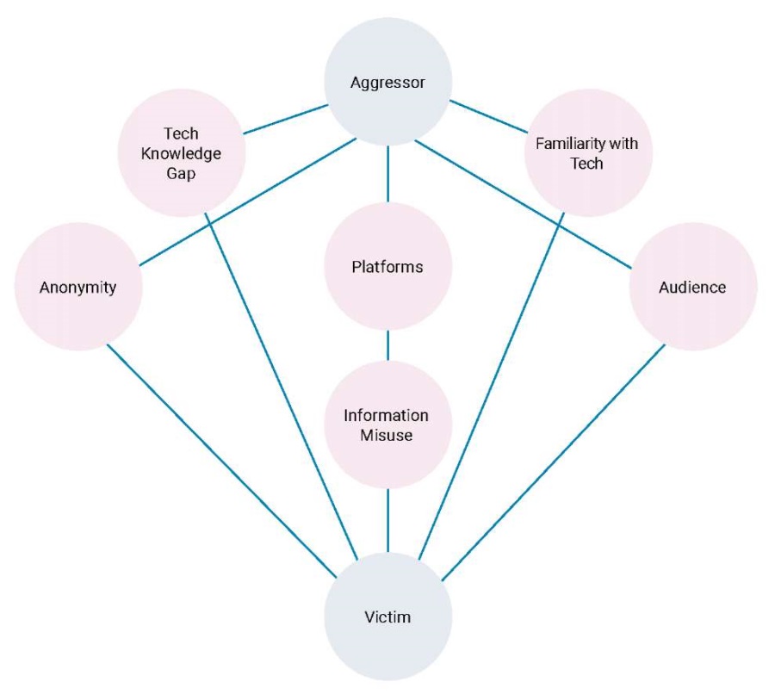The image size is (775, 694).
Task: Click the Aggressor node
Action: [387, 84]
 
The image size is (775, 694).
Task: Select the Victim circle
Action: [387, 617]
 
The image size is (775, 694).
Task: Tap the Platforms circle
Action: [387, 267]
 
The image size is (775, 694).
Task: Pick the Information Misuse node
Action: [387, 425]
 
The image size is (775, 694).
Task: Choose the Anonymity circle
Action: [78, 287]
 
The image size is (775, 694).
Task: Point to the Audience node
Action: [692, 287]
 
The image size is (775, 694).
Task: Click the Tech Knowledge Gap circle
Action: [181, 154]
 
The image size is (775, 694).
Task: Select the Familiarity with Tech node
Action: [588, 153]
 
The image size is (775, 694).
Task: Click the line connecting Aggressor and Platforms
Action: [387, 175]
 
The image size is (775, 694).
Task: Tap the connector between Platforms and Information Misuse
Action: [387, 345]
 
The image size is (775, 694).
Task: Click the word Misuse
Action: [387, 436]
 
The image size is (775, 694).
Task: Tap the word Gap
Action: [181, 174]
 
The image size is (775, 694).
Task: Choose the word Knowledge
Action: [181, 154]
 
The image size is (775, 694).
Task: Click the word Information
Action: [387, 416]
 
